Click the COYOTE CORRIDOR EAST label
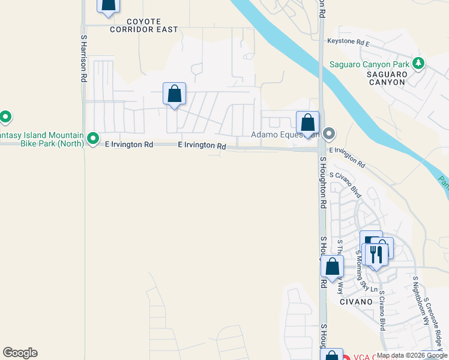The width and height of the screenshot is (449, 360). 143,25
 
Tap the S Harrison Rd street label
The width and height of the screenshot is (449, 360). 83,58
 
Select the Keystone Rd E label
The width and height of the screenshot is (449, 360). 348,42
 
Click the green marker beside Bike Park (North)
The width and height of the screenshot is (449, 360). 93,139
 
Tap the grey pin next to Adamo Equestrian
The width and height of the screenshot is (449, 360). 328,133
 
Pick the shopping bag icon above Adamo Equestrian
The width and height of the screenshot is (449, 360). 307,123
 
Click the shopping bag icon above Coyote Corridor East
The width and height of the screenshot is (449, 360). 108,5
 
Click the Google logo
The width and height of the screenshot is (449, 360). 20,353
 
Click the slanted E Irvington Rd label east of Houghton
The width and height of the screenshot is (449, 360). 347,157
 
